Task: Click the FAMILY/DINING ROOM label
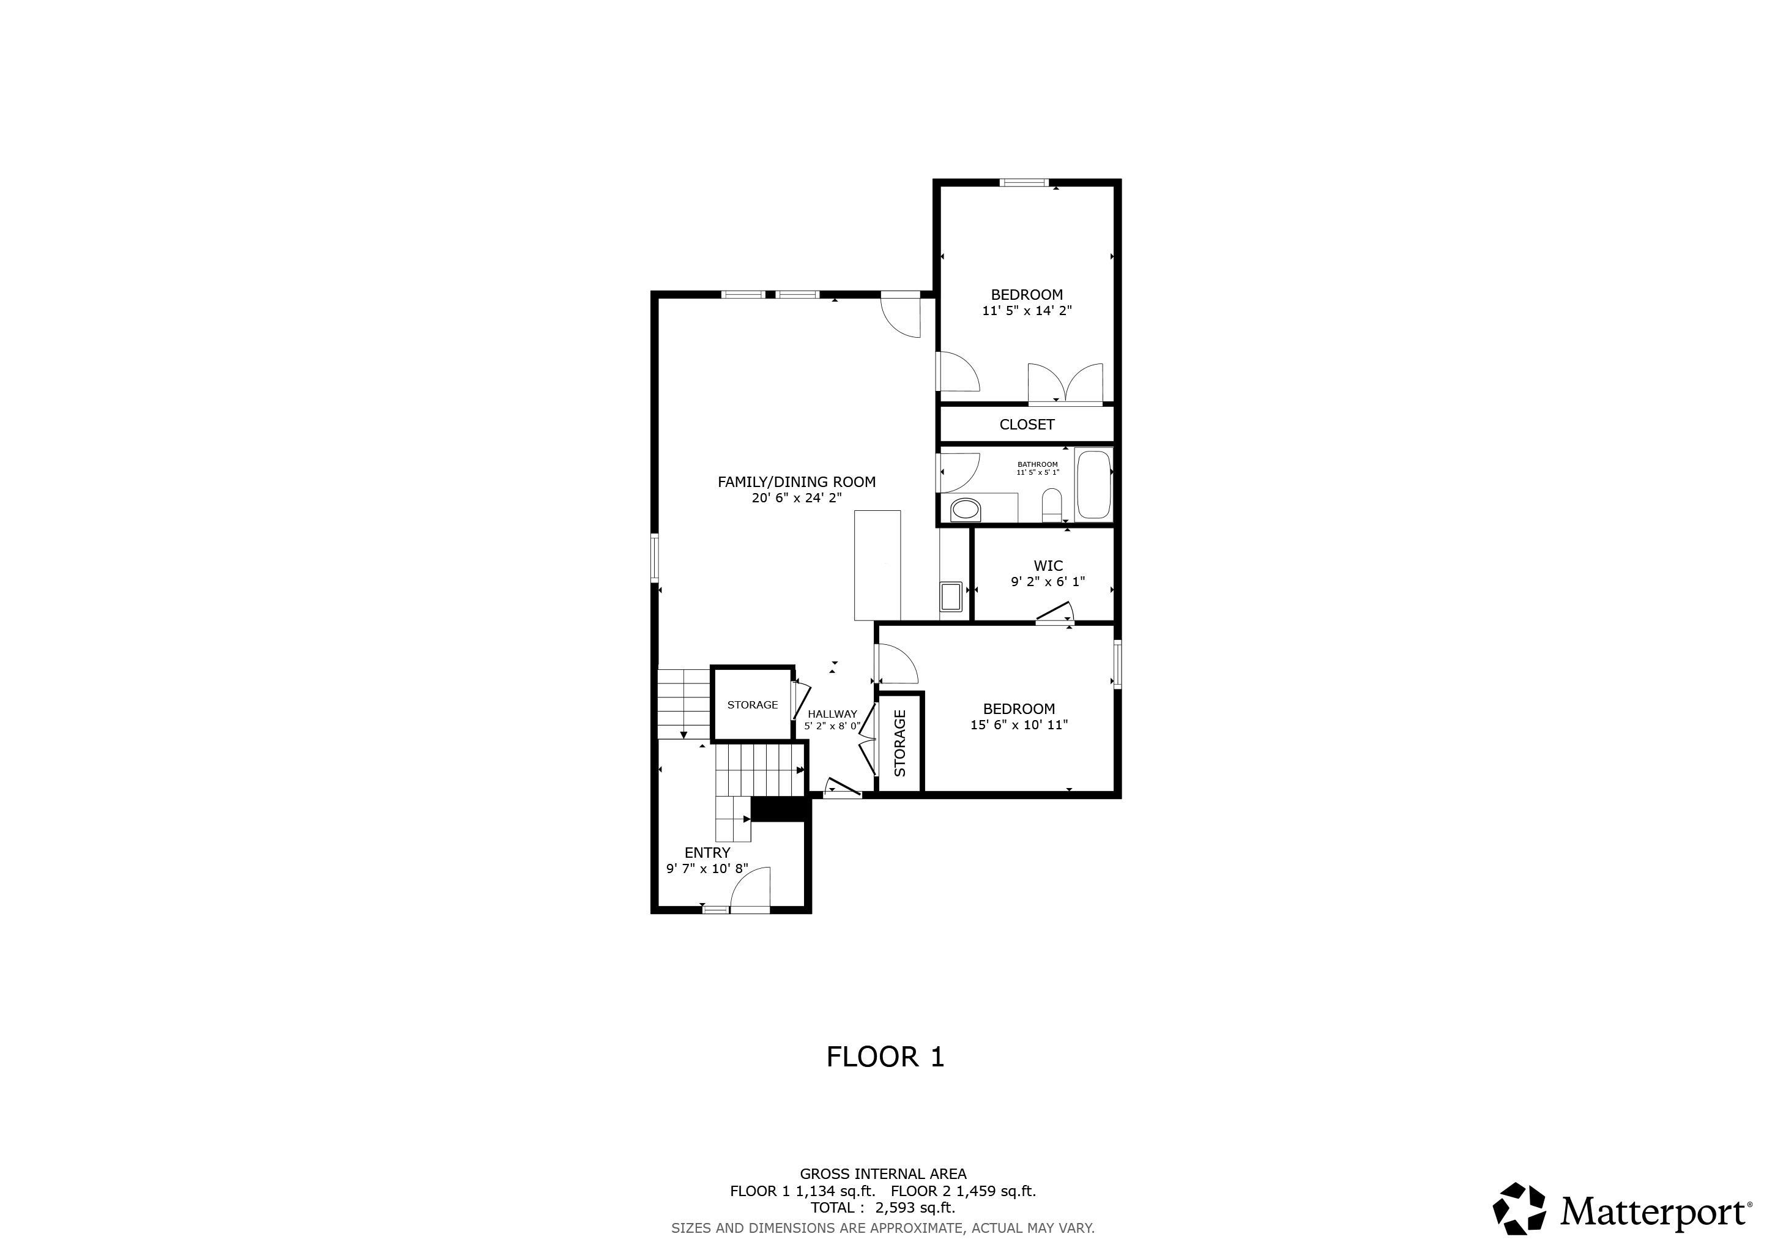(797, 482)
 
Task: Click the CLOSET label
(1027, 425)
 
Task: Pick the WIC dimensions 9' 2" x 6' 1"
(1048, 582)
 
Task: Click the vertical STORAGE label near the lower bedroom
(900, 743)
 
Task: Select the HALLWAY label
(832, 715)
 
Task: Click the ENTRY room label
(707, 852)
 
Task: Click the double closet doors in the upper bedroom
(1065, 384)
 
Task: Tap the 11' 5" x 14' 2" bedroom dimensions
(1027, 311)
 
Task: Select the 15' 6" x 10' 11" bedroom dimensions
(1019, 725)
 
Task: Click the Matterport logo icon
(1519, 1208)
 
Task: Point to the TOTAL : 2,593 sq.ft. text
(882, 1208)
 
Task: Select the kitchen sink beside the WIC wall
(950, 597)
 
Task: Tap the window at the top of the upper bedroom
(1024, 183)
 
